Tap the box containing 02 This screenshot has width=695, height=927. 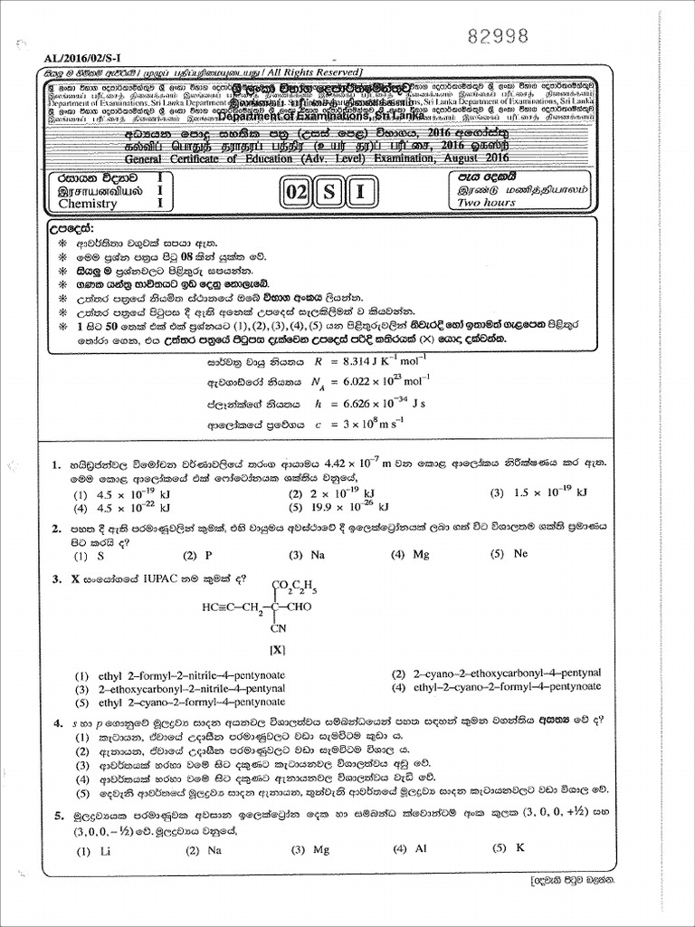click(295, 193)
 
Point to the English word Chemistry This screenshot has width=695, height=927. click(88, 204)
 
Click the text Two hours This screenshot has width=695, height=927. click(486, 203)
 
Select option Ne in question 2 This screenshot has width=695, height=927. click(519, 553)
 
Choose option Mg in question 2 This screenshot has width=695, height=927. click(420, 554)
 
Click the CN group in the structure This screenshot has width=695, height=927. click(277, 627)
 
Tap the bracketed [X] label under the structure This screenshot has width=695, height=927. click(277, 650)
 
